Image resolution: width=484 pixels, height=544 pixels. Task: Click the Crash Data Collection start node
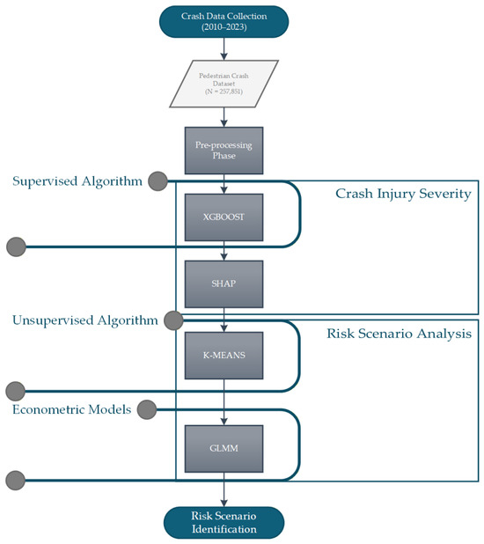224,21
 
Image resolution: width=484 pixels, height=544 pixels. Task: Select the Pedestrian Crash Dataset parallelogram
224,84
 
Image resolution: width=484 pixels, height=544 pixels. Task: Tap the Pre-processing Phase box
224,151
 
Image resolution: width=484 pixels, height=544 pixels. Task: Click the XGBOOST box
224,217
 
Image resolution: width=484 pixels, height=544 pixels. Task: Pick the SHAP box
224,283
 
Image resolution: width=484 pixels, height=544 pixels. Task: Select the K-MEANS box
224,356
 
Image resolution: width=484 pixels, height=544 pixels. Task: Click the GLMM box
224,449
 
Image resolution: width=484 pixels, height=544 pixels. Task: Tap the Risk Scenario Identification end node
224,523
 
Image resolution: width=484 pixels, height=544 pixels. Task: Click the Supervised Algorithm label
77,181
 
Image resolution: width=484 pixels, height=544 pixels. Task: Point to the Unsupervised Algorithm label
85,320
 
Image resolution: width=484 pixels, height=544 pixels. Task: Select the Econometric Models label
72,409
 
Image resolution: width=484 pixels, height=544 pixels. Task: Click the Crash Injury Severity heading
403,194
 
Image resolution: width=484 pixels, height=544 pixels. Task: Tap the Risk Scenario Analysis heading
399,334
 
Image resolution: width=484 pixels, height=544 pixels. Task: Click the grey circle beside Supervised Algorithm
158,181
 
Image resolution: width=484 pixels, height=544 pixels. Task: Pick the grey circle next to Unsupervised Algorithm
173,320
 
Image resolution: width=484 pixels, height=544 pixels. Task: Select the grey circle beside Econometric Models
147,409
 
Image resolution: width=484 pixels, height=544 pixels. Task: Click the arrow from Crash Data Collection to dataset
224,49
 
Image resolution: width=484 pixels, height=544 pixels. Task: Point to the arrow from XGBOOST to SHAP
224,251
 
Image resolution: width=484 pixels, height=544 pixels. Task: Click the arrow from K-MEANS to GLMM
224,402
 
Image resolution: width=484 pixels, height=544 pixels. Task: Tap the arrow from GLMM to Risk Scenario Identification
224,489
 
